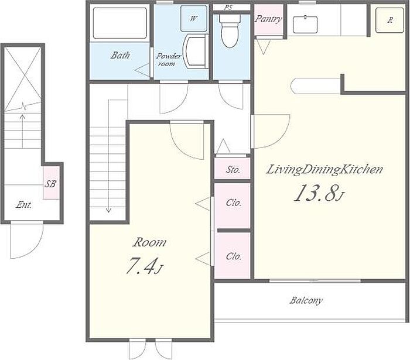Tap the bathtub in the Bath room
coord(119,23)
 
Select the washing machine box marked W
coord(194,19)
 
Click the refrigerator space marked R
coord(389,20)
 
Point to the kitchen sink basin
coord(305,25)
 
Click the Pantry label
coord(268,19)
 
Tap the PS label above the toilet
coord(228,7)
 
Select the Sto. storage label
coord(233,170)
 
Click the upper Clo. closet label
coord(234,203)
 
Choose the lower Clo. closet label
coord(234,256)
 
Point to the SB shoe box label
coord(50,184)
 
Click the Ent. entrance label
coord(23,204)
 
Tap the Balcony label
coord(306,300)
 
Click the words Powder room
coord(168,60)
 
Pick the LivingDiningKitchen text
coord(324,170)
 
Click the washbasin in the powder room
coord(196,51)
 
